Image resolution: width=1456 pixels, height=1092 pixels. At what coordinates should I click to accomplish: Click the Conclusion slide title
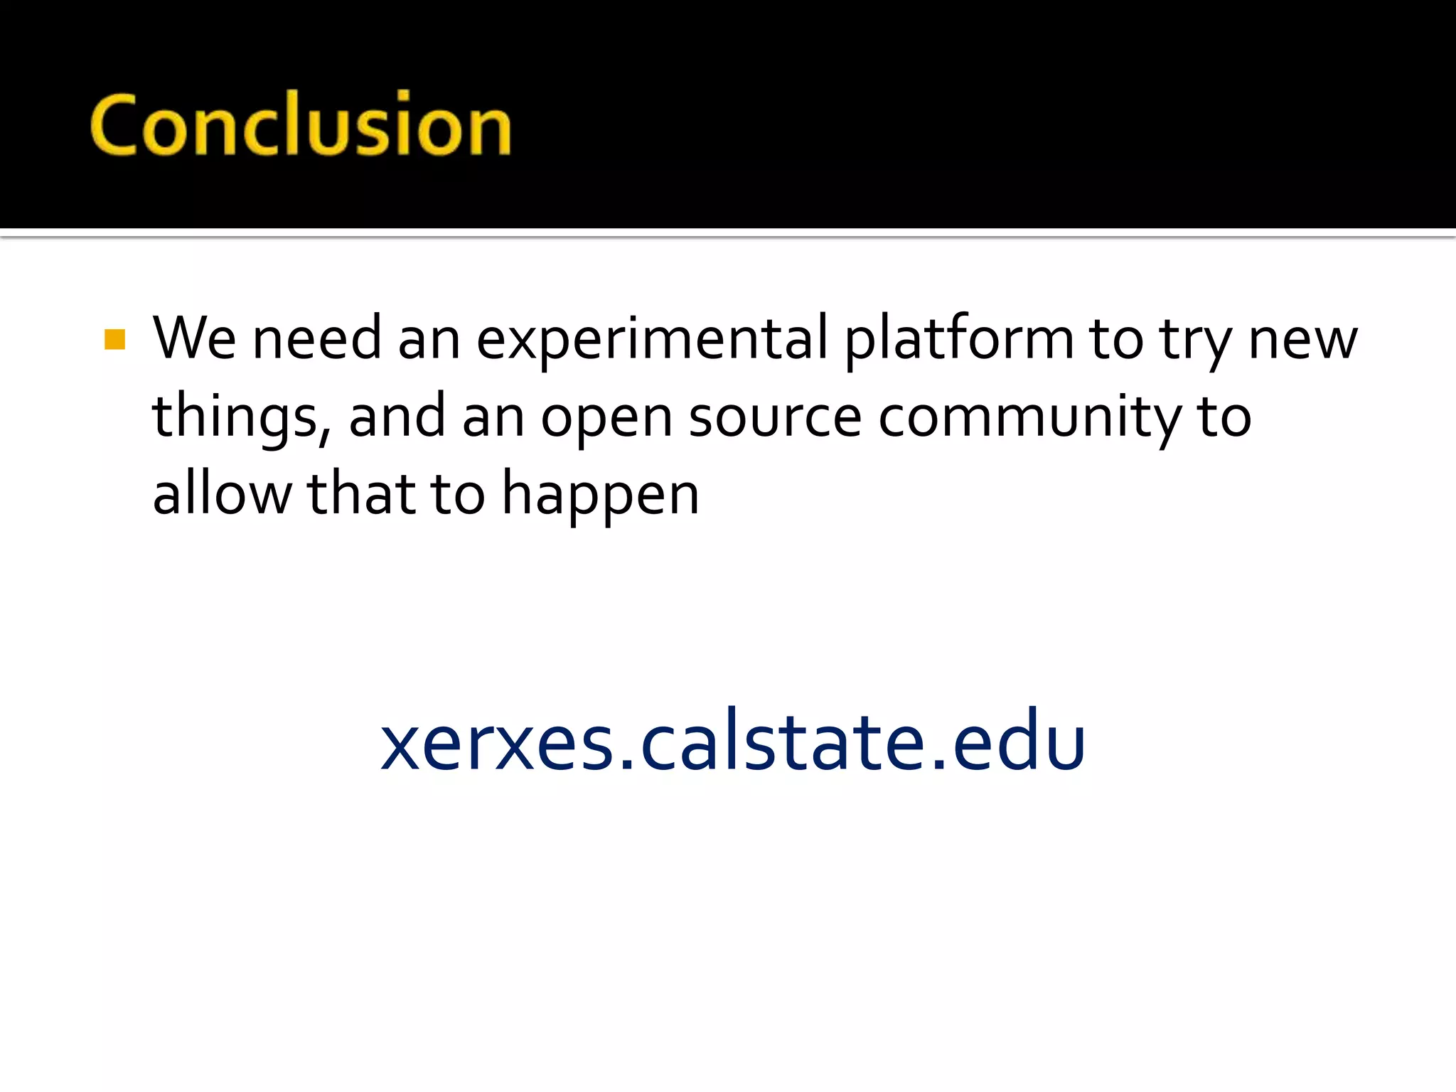pos(300,125)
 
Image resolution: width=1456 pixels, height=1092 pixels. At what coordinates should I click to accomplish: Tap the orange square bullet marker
pos(114,340)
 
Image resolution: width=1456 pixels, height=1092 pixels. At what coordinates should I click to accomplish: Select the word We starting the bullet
pos(193,338)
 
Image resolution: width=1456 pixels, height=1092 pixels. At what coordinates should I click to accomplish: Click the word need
pos(316,338)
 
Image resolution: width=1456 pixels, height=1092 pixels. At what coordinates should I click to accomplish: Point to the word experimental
pos(651,340)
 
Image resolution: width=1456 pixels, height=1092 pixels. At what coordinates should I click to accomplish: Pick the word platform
pos(959,338)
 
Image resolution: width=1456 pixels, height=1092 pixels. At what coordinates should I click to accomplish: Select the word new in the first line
pos(1302,340)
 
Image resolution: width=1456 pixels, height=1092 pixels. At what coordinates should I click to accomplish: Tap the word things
pos(234,418)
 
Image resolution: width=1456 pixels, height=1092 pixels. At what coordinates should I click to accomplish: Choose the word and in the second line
pos(397,417)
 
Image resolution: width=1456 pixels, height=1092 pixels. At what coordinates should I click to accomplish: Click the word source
pos(775,418)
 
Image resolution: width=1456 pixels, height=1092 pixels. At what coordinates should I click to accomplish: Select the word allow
pos(222,494)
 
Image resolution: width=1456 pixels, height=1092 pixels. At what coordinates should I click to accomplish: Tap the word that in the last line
pos(361,494)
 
